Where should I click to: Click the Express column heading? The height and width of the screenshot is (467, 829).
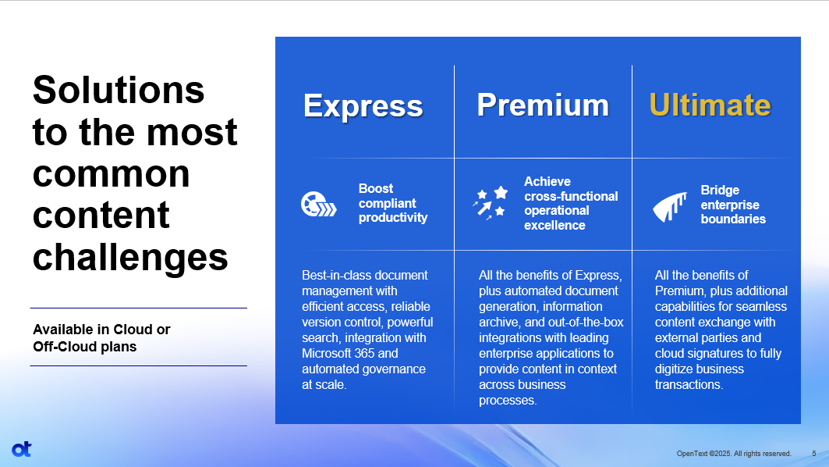click(x=363, y=106)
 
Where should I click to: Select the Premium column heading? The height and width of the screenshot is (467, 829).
click(x=543, y=105)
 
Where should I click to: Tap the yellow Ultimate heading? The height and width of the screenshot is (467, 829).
click(x=710, y=105)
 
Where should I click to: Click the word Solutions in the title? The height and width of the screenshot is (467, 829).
click(x=119, y=90)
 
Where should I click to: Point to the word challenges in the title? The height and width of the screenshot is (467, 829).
click(x=130, y=257)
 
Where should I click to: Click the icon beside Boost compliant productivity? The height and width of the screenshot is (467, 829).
click(x=318, y=205)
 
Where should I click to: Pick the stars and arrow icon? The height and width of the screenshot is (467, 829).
click(x=490, y=203)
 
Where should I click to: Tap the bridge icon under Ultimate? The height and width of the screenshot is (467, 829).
click(x=670, y=206)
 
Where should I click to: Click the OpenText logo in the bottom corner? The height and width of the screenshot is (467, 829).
click(x=22, y=449)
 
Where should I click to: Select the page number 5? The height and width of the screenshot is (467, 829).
click(x=814, y=454)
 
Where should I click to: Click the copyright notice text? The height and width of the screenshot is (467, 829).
click(x=734, y=454)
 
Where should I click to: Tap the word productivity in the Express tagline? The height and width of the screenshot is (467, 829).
click(x=393, y=218)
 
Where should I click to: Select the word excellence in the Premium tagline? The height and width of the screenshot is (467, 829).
click(x=554, y=226)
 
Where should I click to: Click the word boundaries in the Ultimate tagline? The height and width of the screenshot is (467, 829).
click(x=733, y=219)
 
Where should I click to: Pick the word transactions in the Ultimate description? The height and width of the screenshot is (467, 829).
click(x=688, y=385)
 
